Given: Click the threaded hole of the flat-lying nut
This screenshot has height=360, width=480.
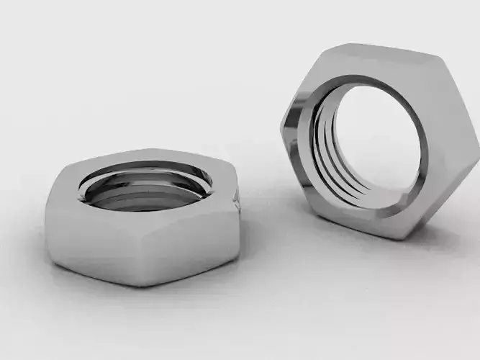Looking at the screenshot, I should click(144, 189).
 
